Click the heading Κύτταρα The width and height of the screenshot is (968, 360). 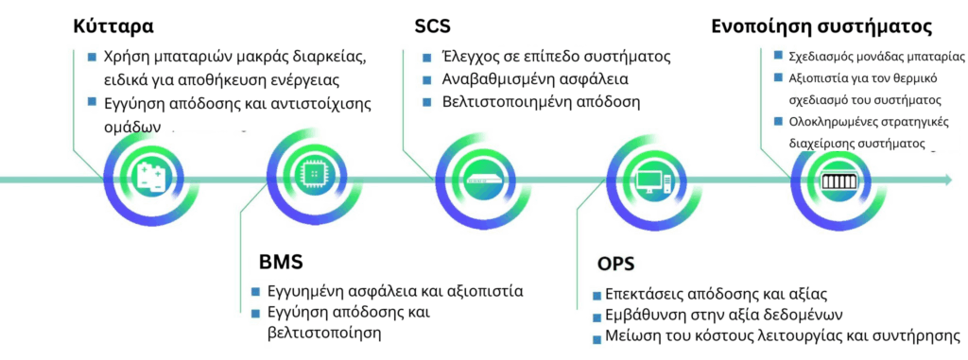pos(113,26)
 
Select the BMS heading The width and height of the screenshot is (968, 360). pos(281,261)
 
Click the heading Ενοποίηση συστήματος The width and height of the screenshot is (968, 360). pos(821,26)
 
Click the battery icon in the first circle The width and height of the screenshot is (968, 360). pos(151,177)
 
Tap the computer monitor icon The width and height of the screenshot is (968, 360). pos(653,177)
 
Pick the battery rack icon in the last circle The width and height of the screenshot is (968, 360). pos(836,179)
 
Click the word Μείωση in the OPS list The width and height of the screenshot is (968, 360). pos(630,336)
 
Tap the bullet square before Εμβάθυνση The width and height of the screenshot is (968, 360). pos(596,317)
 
